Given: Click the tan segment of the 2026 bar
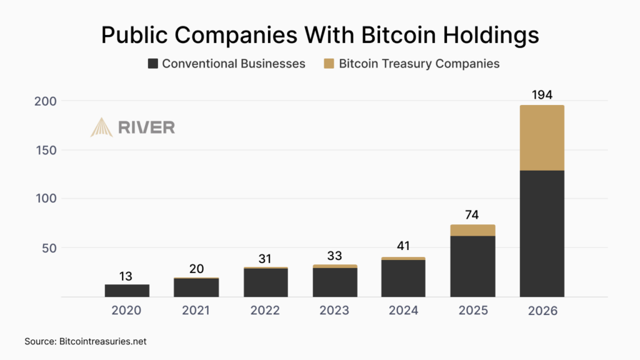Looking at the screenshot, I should coord(542,137).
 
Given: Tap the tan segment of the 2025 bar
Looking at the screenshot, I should coord(472,230).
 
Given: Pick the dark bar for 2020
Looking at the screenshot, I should coord(127,290).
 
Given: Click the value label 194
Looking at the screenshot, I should coord(542,95).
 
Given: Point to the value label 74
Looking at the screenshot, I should coord(472,214).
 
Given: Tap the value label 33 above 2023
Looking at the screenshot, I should coord(334,255).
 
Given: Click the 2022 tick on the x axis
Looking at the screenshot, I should coord(265,311).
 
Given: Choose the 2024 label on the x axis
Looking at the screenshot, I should coord(404,311).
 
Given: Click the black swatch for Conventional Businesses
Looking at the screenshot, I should coord(152,64).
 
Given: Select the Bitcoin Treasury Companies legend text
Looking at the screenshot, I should coord(419,64).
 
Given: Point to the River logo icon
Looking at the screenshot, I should coord(101,127).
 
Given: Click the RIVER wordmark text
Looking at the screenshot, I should coord(146,127).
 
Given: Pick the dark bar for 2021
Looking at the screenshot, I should coord(196,287).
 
